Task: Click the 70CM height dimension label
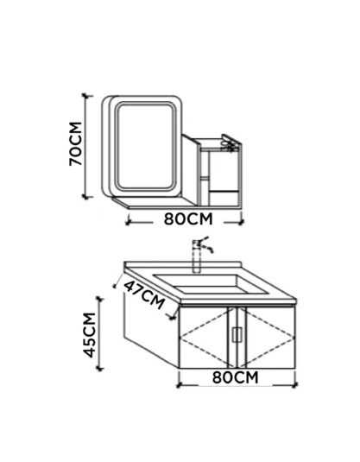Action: pos(75,143)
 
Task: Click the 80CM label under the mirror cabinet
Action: pos(188,219)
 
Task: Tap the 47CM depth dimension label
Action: pos(144,294)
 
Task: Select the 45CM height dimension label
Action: pos(89,335)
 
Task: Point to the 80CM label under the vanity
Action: pos(235,377)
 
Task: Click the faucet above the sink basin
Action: pos(201,254)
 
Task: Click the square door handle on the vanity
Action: pos(237,335)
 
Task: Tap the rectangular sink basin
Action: pos(211,284)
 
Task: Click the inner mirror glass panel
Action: pos(145,146)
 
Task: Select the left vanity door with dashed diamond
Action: pos(204,338)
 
